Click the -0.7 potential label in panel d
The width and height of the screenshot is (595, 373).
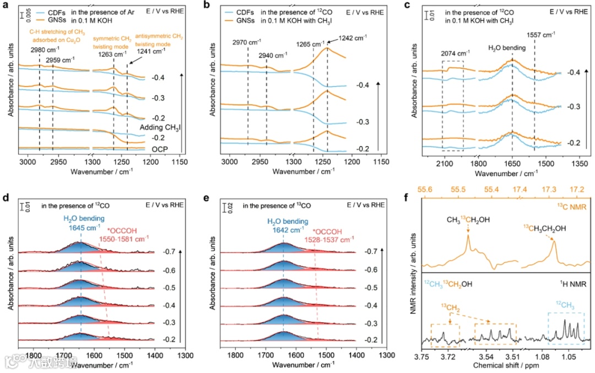(170, 251)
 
